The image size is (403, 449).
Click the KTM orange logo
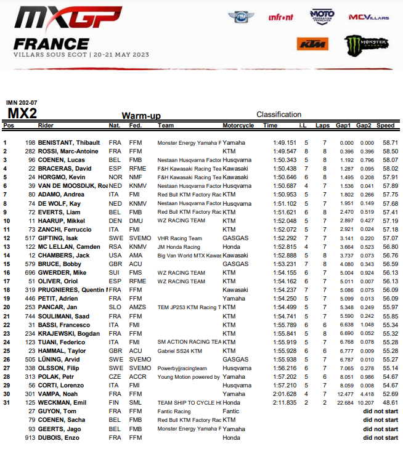312,44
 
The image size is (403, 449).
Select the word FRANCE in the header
51,44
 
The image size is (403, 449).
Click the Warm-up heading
141,116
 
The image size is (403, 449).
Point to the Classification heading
279,115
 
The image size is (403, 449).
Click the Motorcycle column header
238,126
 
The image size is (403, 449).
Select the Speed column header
386,126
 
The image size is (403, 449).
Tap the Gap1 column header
343,126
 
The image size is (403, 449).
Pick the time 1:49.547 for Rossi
285,151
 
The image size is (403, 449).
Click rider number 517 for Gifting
30,238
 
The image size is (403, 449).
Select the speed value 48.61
389,403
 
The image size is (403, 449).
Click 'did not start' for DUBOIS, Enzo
380,438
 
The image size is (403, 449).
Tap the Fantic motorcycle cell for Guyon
231,411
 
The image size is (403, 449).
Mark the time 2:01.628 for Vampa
285,394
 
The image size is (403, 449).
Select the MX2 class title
22,113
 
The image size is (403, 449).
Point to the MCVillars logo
368,17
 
